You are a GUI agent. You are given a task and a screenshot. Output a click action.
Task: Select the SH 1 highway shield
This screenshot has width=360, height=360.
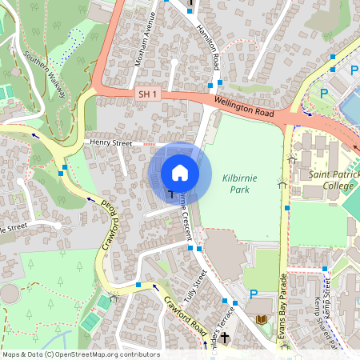click(146, 94)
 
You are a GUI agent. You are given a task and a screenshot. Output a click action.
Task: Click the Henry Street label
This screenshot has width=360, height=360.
click(110, 142)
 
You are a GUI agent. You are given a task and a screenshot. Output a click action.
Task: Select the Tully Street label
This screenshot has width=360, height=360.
click(195, 284)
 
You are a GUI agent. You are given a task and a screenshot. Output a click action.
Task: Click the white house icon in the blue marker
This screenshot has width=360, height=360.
click(180, 172)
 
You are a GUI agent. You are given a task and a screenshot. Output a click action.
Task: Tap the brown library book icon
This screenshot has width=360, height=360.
click(262, 320)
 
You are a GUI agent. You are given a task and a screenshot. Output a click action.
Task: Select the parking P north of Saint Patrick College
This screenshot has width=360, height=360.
click(324, 94)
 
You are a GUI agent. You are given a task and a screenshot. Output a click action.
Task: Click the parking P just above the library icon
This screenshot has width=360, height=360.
click(254, 295)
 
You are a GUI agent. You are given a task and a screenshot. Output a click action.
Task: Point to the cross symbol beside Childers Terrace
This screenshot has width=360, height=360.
click(225, 338)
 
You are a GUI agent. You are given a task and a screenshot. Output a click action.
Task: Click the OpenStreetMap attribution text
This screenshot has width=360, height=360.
click(80, 354)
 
